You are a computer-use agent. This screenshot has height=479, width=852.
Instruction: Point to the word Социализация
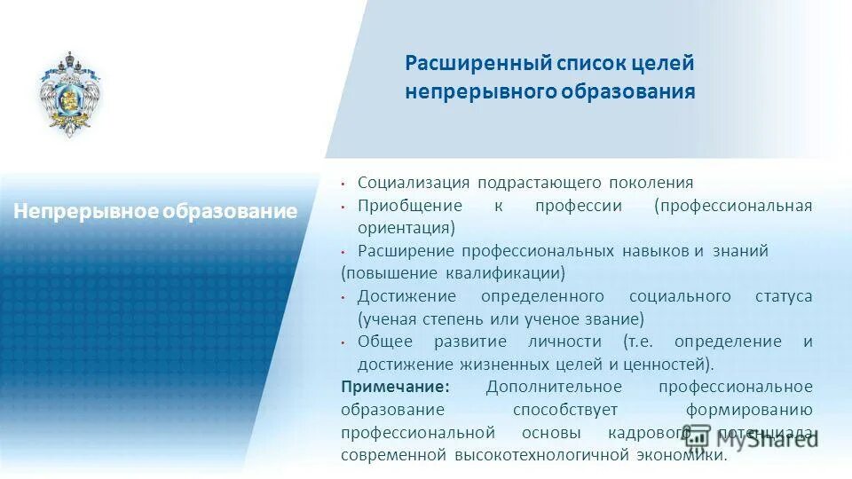414,183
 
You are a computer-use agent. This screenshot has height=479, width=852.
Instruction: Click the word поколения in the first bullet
651,183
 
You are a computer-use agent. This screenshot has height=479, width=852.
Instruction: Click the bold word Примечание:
395,387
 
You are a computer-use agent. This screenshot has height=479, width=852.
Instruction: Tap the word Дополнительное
554,387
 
